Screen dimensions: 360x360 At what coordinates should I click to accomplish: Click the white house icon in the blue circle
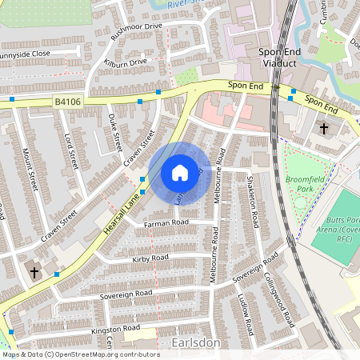click(180, 172)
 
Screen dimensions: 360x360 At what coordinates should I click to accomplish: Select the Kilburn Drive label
click(126, 62)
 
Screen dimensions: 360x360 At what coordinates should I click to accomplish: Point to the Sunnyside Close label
click(36, 54)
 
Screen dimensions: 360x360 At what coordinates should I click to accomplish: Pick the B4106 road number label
click(70, 101)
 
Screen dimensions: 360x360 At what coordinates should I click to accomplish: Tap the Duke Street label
click(115, 132)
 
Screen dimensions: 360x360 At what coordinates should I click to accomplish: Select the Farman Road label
click(166, 223)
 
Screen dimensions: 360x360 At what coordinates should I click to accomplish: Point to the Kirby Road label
click(150, 258)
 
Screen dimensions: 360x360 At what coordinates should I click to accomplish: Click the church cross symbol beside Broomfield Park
click(324, 128)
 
